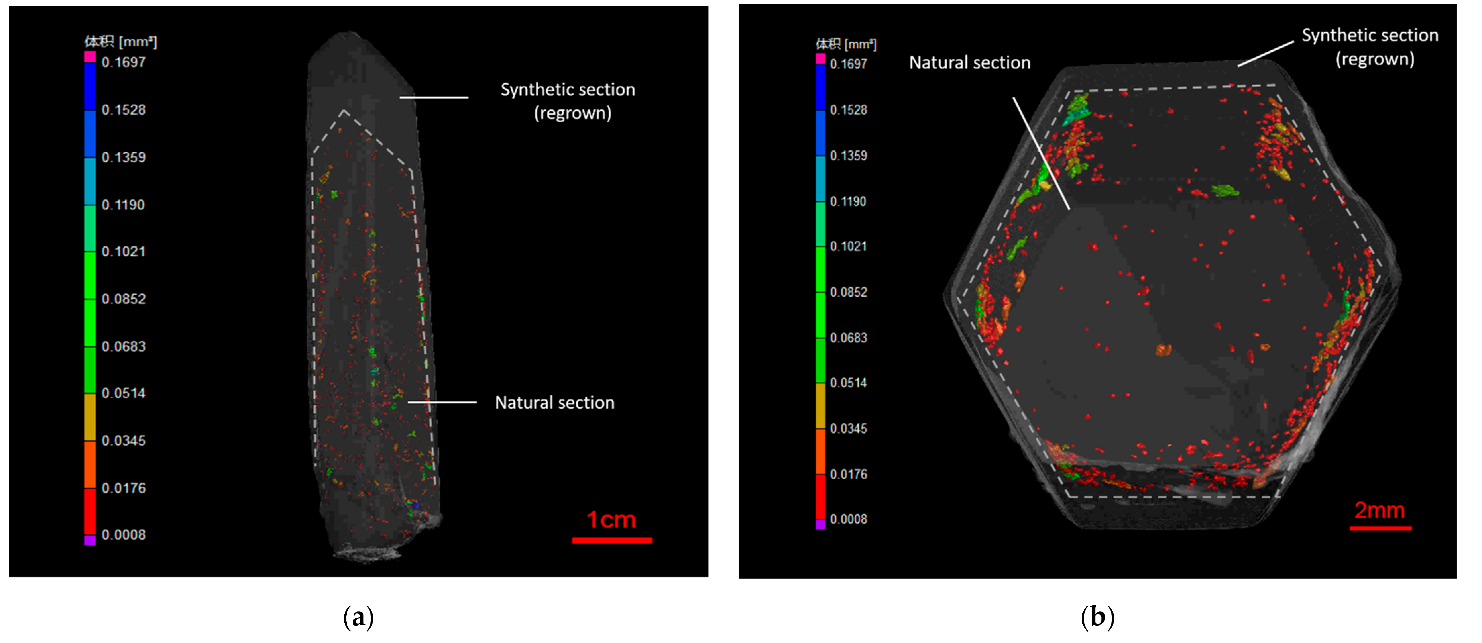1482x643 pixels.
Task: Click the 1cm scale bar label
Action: [611, 520]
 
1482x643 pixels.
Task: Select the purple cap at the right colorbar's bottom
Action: [820, 524]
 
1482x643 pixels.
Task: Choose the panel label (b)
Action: [1097, 617]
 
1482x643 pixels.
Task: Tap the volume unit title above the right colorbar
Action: [845, 44]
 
